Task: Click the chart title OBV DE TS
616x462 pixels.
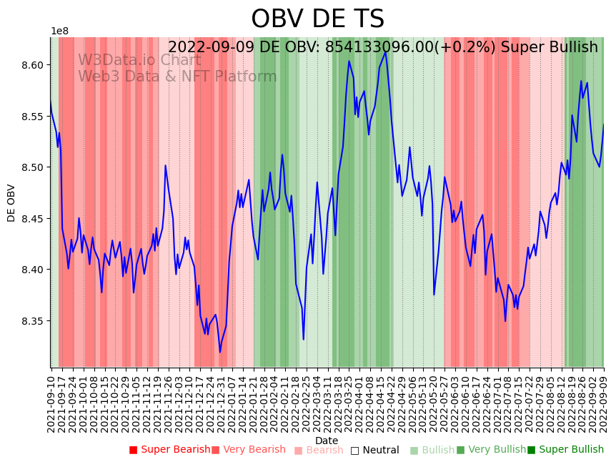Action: pos(317,19)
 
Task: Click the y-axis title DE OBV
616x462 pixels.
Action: pos(11,202)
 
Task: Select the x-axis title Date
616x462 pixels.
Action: pos(327,441)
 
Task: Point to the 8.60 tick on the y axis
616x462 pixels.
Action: pos(32,65)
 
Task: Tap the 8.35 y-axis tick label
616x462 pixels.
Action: pos(32,321)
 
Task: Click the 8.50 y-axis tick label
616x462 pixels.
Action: pos(32,167)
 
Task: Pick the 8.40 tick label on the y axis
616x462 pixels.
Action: pos(32,270)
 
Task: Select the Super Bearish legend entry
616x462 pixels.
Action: pos(170,450)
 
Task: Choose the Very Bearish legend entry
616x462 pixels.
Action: pos(249,450)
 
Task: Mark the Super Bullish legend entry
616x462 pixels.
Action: pos(566,450)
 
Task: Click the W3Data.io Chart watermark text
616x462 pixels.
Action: pos(139,60)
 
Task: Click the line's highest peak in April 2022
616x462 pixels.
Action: pos(386,51)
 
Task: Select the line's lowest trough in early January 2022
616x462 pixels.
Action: pos(220,352)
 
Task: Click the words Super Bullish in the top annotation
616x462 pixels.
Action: pos(549,47)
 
